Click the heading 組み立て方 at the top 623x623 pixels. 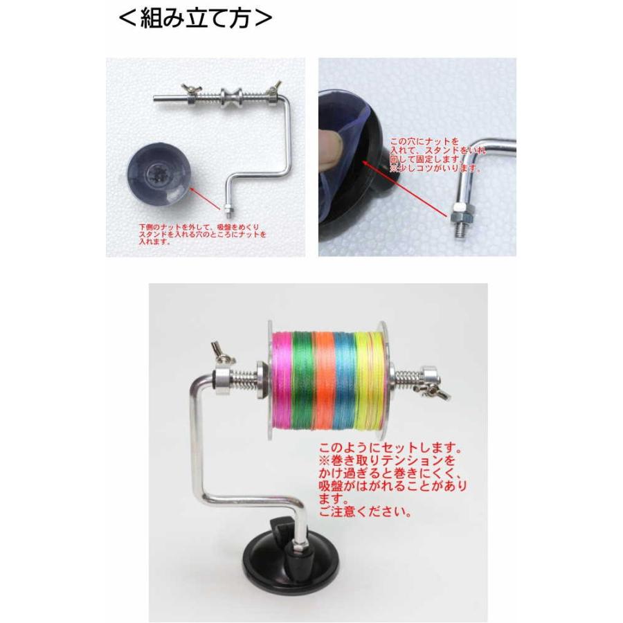195,18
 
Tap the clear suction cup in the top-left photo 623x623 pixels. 159,174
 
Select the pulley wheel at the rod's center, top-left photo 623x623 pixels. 229,97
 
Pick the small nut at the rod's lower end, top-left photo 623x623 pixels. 228,208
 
